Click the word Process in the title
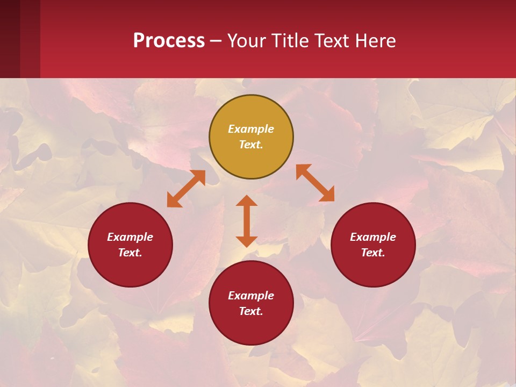click(x=169, y=41)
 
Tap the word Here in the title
click(x=375, y=41)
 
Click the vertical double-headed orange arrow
click(x=247, y=221)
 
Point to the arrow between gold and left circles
click(x=186, y=189)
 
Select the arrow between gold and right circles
click(x=315, y=183)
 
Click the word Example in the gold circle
click(x=251, y=129)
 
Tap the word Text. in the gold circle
click(x=251, y=145)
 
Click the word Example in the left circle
click(x=130, y=237)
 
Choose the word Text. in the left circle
click(x=130, y=253)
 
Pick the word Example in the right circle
click(x=373, y=237)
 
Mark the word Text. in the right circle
click(x=373, y=253)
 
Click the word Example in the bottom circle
click(x=251, y=296)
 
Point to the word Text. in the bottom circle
click(x=251, y=311)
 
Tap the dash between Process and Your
click(x=216, y=41)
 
